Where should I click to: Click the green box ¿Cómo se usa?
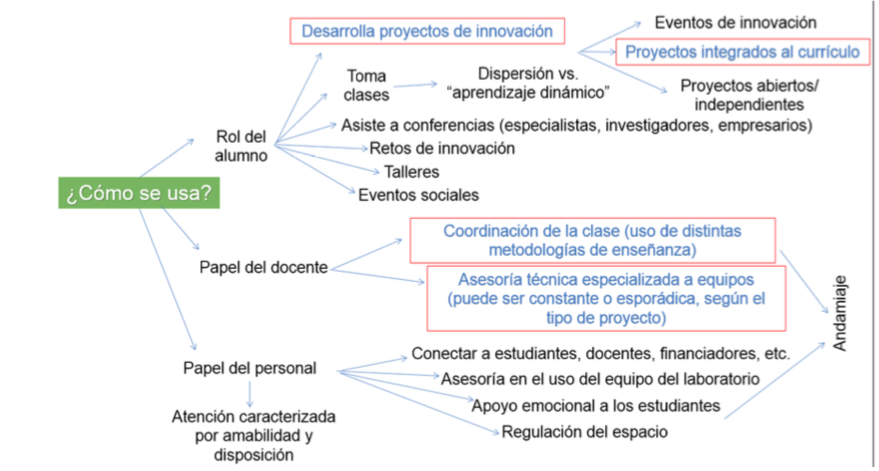[x=137, y=195]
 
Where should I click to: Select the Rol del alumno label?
[x=242, y=146]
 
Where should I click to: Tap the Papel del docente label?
[x=264, y=267]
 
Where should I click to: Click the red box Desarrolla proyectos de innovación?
[x=426, y=31]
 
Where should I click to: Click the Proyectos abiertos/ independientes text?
[x=749, y=95]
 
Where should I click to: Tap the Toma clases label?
[x=366, y=85]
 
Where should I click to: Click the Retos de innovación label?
[x=442, y=148]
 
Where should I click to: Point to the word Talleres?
[x=411, y=172]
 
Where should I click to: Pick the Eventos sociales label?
[x=418, y=195]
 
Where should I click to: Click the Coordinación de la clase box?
[x=592, y=240]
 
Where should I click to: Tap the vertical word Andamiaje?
[x=840, y=313]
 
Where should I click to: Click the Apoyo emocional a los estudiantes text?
[x=596, y=405]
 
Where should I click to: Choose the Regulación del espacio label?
[x=584, y=432]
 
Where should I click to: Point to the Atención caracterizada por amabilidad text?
[x=253, y=434]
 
